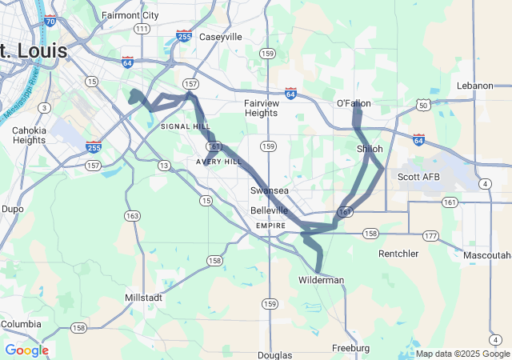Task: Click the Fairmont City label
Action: click(x=130, y=15)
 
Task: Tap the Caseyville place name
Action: click(x=220, y=37)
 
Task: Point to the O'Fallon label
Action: click(x=354, y=103)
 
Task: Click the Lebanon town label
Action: click(x=475, y=86)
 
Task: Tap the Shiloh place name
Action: click(x=370, y=149)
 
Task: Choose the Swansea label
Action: click(x=269, y=190)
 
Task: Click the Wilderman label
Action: click(x=321, y=280)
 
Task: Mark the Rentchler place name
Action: click(x=398, y=254)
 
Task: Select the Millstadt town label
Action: click(x=145, y=297)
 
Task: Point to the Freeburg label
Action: click(x=350, y=348)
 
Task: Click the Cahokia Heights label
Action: click(x=30, y=135)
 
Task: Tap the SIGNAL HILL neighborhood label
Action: click(x=186, y=126)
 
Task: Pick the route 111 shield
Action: click(x=142, y=29)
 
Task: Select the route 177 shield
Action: click(x=431, y=235)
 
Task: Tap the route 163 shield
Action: click(x=132, y=216)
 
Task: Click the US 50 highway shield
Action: click(x=422, y=106)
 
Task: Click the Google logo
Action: click(x=26, y=350)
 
